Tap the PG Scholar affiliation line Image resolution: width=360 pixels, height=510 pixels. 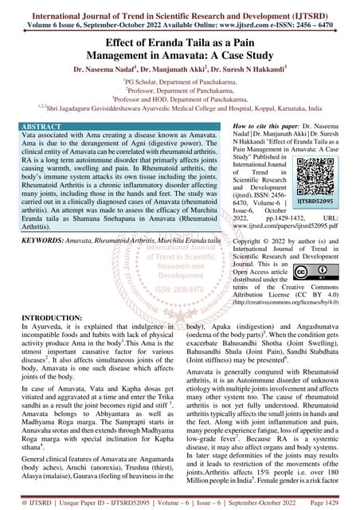coord(180,82)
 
